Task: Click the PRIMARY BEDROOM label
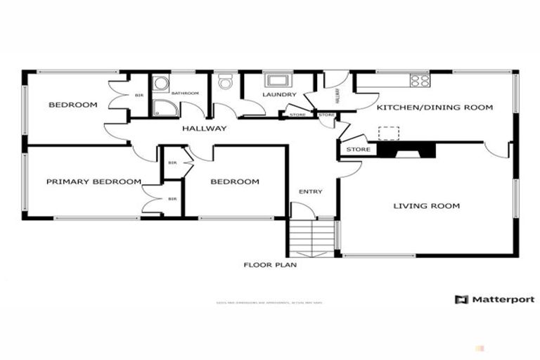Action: pos(94,181)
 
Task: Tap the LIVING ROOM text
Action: pos(426,206)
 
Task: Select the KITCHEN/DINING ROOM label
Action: pos(435,108)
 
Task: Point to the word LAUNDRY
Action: pos(280,95)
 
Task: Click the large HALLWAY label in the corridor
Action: pos(205,129)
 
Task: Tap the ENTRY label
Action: pos(310,192)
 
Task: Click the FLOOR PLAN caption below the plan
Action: pos(270,265)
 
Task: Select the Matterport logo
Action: pos(494,300)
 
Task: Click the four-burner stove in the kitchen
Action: pos(420,81)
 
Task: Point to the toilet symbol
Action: pos(225,83)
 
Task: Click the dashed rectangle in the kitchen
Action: pos(388,132)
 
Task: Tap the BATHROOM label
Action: pos(186,92)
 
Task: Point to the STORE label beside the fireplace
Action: pos(358,149)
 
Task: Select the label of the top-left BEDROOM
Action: pos(72,105)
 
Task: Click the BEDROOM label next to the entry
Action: pos(235,182)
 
